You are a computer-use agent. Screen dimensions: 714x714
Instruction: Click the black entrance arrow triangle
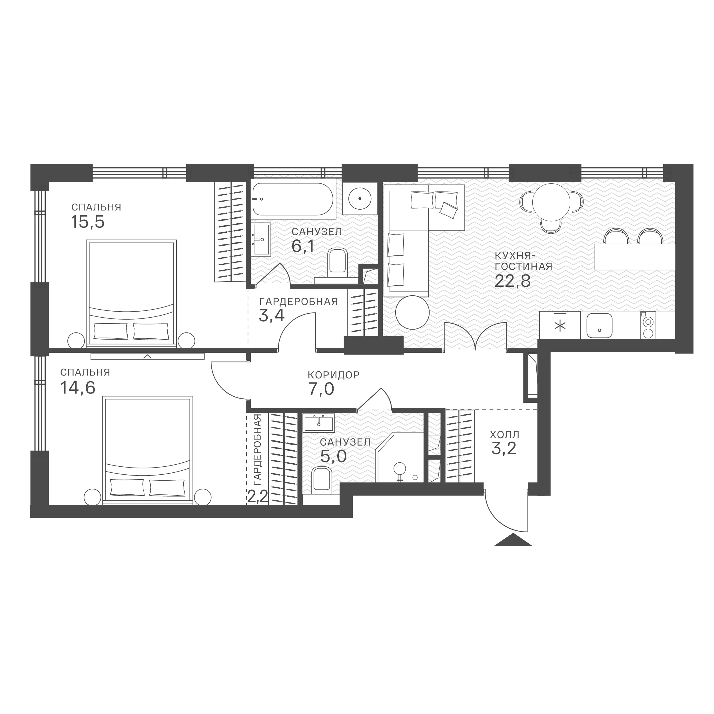point(513,540)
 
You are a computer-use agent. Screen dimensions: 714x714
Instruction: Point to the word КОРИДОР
point(333,375)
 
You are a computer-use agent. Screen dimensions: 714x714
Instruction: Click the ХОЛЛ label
point(504,434)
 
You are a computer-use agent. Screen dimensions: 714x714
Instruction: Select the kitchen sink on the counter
point(599,326)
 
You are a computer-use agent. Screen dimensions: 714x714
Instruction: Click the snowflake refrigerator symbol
point(561,326)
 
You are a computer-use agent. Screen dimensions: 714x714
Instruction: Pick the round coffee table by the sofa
point(412,312)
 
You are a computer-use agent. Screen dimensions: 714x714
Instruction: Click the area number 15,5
point(88,222)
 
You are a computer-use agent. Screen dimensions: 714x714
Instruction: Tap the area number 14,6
point(78,388)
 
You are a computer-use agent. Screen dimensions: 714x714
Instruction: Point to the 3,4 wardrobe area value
point(271,316)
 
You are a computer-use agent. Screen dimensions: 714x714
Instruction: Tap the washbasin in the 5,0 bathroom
point(318,423)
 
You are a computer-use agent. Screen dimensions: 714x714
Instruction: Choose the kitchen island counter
point(635,257)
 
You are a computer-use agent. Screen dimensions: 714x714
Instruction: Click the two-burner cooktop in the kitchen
point(648,325)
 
